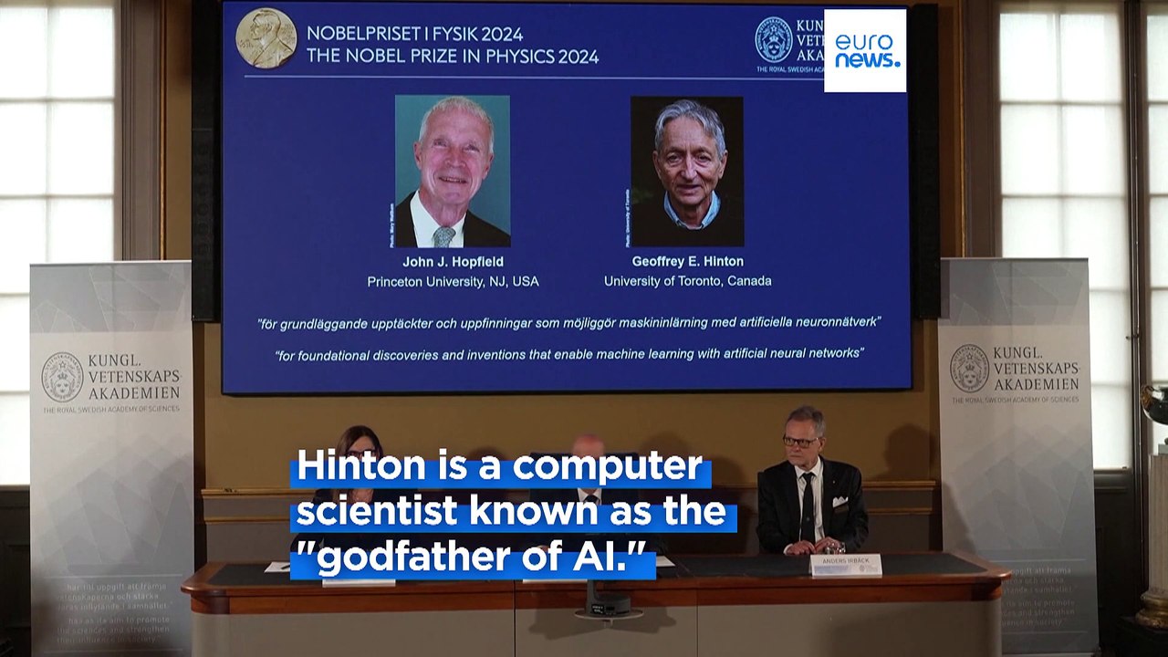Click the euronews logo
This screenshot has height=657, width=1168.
[x=865, y=51]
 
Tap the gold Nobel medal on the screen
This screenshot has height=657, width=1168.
[x=266, y=38]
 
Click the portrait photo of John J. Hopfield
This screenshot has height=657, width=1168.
[x=452, y=171]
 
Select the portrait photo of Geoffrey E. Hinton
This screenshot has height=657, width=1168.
[x=686, y=172]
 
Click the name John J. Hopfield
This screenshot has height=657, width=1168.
[x=453, y=262]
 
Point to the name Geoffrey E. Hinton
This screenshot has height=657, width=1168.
[x=687, y=262]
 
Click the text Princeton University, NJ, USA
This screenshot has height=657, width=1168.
[x=453, y=282]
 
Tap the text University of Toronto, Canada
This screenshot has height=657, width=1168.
[x=687, y=281]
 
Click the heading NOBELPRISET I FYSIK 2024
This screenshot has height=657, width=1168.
[x=414, y=34]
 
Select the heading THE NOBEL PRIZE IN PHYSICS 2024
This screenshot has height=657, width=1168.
[x=453, y=57]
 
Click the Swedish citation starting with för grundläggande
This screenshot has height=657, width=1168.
[x=568, y=323]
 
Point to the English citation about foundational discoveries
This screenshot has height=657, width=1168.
[x=568, y=353]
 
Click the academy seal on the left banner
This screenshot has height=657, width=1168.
[x=62, y=377]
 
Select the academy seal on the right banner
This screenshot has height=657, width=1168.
[x=969, y=368]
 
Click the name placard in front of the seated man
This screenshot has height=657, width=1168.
[x=846, y=565]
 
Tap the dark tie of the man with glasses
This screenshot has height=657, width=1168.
[x=807, y=507]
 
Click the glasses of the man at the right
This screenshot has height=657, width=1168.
[x=800, y=442]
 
